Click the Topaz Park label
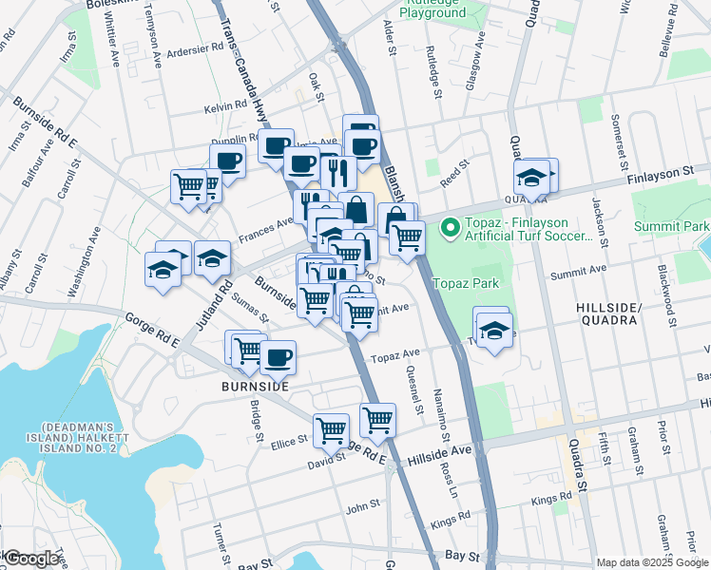[x=468, y=284]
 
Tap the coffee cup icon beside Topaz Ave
[x=278, y=358]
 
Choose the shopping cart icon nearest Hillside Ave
[x=377, y=418]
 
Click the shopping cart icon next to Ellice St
[x=331, y=429]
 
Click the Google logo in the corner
[x=31, y=559]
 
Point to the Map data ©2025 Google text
[x=650, y=562]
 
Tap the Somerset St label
[x=617, y=136]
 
